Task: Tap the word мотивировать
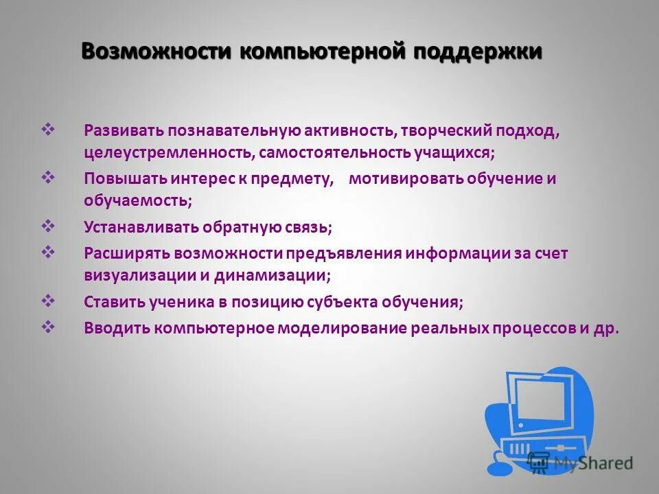[406, 179]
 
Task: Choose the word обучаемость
[136, 201]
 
